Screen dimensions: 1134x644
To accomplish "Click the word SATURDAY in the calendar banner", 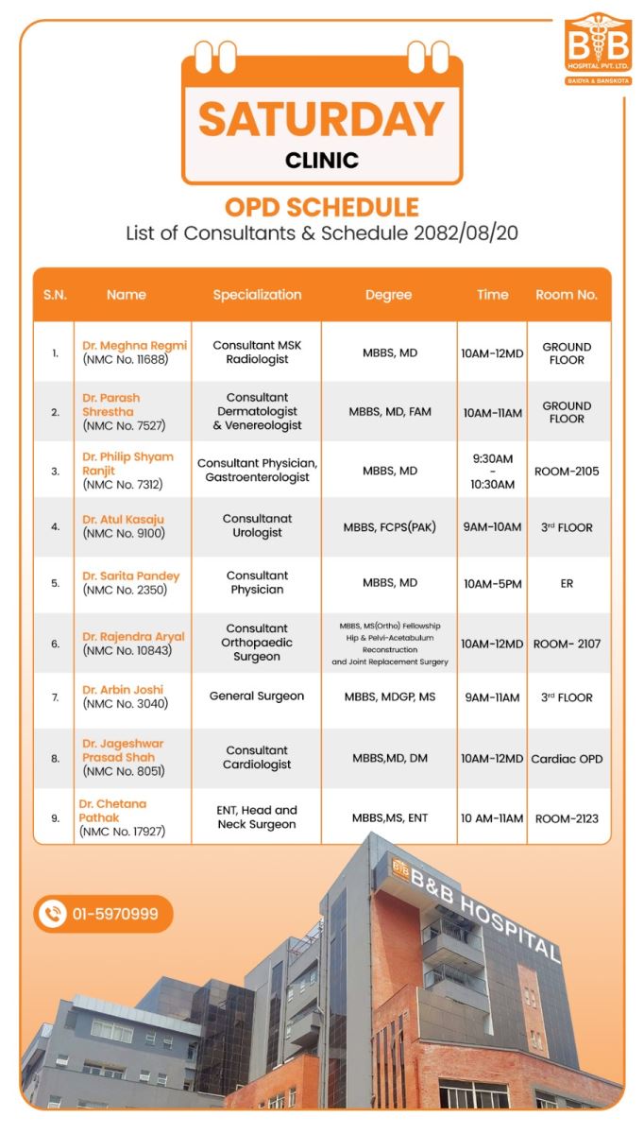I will [321, 118].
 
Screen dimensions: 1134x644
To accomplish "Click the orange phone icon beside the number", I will [53, 914].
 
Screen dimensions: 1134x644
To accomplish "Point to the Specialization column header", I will [257, 295].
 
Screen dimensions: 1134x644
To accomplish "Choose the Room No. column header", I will [567, 295].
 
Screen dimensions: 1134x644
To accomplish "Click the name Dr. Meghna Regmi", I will [134, 346].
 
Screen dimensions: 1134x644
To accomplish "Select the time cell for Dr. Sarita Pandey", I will [492, 584].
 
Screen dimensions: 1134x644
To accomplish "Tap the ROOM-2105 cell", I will [567, 471].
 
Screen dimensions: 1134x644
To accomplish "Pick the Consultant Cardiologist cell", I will [257, 758].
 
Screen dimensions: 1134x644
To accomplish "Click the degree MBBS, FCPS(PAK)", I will [389, 527].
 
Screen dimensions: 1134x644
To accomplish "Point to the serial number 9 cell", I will [56, 818].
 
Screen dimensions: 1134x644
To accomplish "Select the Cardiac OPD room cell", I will [567, 759].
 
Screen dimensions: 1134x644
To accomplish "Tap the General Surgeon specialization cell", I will [257, 696].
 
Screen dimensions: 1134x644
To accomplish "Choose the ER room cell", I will [567, 584].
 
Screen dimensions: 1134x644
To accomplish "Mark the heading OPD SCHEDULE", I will [321, 207].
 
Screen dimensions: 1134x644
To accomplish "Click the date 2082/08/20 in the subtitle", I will [466, 233].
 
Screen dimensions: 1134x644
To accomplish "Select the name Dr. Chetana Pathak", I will [112, 810].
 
